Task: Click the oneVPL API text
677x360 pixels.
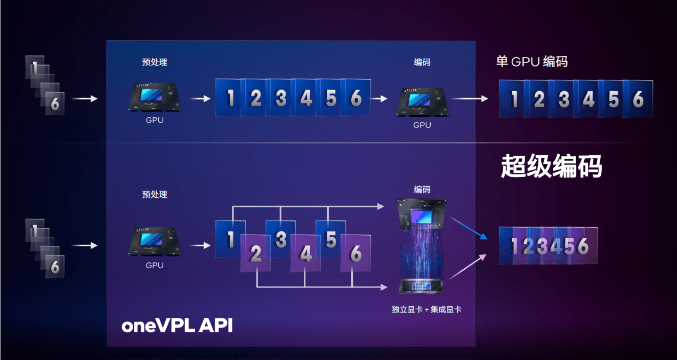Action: (177, 325)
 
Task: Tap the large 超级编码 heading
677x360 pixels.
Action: (551, 167)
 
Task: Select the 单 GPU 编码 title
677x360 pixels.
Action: (531, 61)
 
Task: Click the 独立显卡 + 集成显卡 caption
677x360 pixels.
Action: (426, 309)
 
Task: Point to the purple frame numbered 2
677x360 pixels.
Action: (255, 254)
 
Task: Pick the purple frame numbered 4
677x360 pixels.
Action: (305, 254)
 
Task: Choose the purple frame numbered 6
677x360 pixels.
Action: (356, 254)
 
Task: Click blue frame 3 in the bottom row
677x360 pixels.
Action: (280, 239)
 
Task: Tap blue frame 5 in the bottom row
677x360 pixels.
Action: (331, 239)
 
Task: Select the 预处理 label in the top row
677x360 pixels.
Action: (155, 62)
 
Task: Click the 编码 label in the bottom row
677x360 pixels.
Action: (422, 189)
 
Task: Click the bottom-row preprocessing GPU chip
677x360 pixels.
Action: (155, 243)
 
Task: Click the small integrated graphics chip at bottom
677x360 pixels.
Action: (422, 286)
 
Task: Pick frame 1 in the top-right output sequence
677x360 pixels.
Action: (513, 99)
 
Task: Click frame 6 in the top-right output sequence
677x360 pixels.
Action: (638, 99)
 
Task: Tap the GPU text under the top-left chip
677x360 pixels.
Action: (155, 121)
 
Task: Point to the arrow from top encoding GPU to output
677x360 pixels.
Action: (469, 99)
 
